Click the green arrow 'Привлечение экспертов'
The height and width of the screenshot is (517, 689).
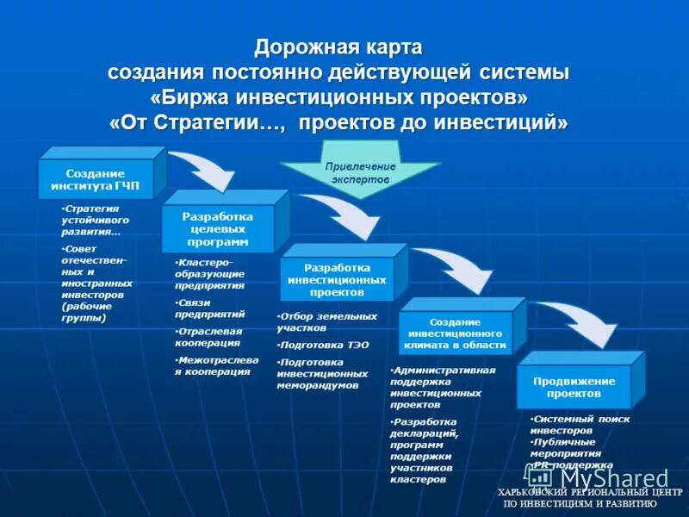click(x=360, y=172)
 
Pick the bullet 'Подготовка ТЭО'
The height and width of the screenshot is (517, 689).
click(x=324, y=345)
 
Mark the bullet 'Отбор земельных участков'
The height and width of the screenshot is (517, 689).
click(x=327, y=321)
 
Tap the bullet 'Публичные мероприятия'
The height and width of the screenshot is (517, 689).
click(x=567, y=446)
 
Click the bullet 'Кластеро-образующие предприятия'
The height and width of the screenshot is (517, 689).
click(x=210, y=272)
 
